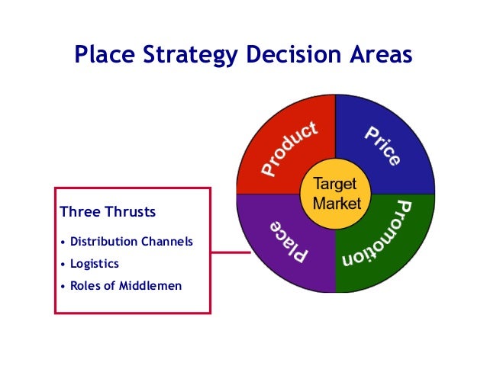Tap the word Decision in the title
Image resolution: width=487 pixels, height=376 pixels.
click(x=280, y=55)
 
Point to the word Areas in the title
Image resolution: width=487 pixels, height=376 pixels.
click(x=374, y=55)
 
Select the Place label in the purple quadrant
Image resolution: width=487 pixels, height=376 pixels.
click(x=289, y=241)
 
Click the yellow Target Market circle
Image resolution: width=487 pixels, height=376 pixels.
click(x=336, y=194)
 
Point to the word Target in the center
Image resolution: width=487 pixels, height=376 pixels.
click(x=336, y=185)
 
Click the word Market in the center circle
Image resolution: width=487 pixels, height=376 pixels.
click(x=336, y=204)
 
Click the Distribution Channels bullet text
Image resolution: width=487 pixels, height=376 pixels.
click(x=131, y=242)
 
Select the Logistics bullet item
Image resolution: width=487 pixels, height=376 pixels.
click(x=95, y=264)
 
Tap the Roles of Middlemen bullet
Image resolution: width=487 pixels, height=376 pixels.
click(x=126, y=286)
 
